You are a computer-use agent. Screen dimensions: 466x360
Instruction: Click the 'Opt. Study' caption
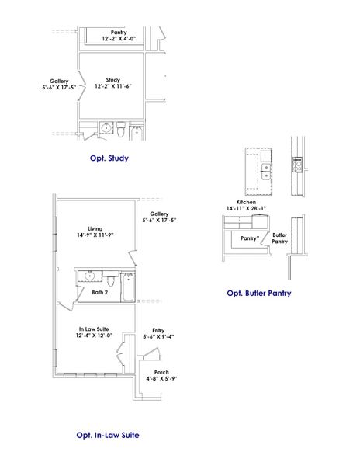(x=109, y=158)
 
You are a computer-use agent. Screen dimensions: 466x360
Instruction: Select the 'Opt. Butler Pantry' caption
(x=259, y=294)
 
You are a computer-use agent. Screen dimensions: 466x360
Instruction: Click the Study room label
(x=113, y=83)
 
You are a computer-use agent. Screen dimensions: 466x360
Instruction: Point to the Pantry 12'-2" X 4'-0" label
(x=119, y=35)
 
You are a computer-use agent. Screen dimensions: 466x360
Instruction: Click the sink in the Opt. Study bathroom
(x=106, y=128)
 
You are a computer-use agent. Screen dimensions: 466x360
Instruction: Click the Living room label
(x=95, y=232)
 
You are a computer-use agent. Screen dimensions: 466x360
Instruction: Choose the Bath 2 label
(x=99, y=292)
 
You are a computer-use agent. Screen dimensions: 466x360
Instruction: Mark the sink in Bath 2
(x=90, y=275)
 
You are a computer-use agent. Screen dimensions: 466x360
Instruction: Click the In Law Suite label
(x=94, y=332)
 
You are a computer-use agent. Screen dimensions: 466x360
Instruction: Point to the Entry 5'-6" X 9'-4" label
(x=158, y=333)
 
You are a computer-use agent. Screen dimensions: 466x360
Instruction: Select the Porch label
(x=161, y=375)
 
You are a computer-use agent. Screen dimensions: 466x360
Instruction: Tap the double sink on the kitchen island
(x=266, y=171)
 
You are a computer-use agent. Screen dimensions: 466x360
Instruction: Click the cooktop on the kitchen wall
(x=297, y=164)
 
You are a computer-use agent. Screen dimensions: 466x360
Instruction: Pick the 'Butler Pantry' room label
(x=279, y=238)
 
